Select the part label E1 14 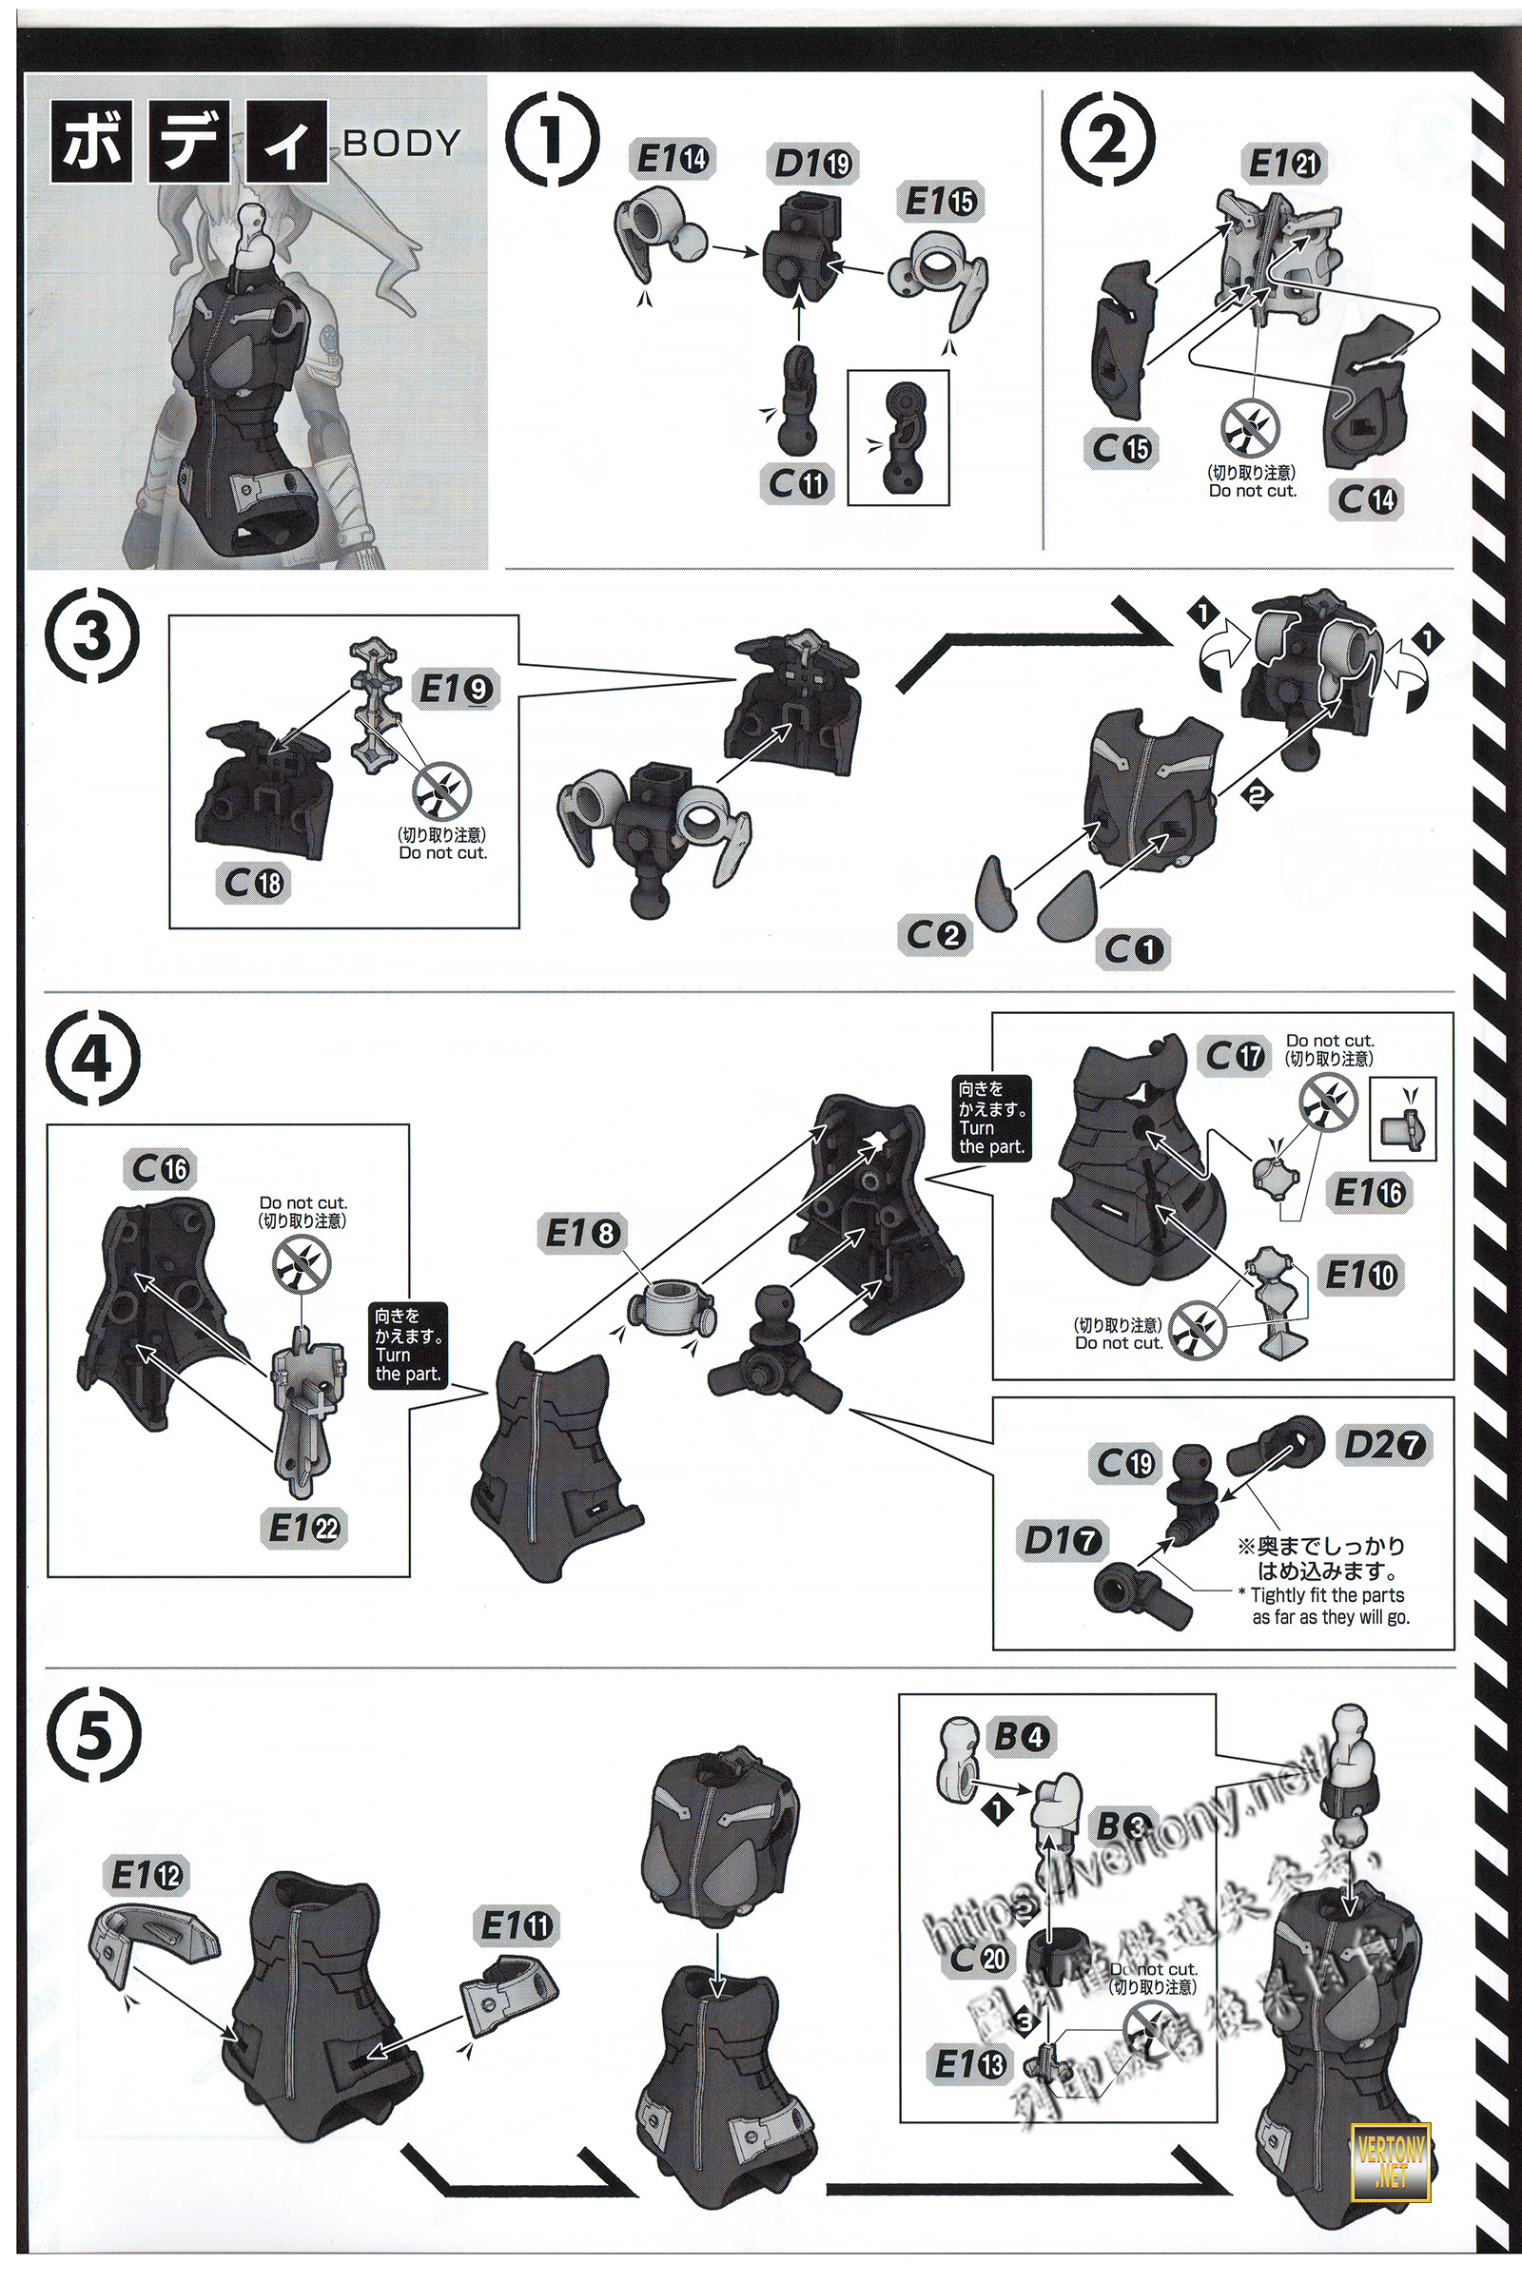pyautogui.click(x=671, y=158)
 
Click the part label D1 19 pyautogui.click(x=813, y=164)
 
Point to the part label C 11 pyautogui.click(x=798, y=482)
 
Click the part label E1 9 pyautogui.click(x=456, y=689)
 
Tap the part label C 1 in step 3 pyautogui.click(x=1133, y=948)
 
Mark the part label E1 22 pyautogui.click(x=304, y=1528)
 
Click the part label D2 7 pyautogui.click(x=1384, y=1445)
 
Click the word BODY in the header pyautogui.click(x=400, y=144)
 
